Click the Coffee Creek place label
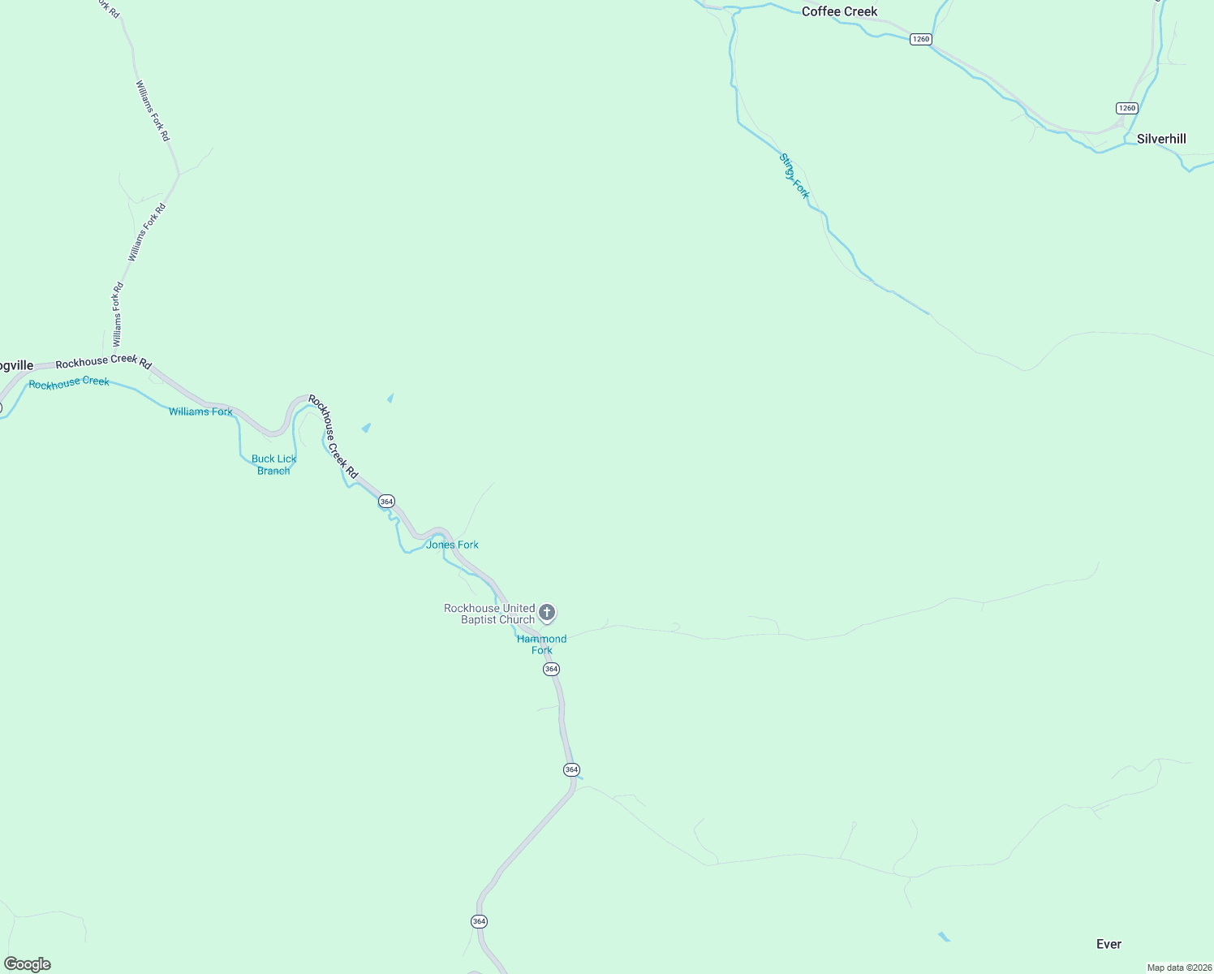click(x=839, y=11)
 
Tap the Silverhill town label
click(x=1161, y=139)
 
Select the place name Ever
click(x=1109, y=944)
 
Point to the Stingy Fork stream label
click(x=794, y=176)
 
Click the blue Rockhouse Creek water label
click(x=69, y=382)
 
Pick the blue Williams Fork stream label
click(x=200, y=412)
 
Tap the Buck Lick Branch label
click(x=274, y=464)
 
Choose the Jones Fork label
click(x=452, y=545)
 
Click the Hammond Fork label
click(x=541, y=644)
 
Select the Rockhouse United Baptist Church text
click(x=489, y=614)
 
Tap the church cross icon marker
click(x=547, y=612)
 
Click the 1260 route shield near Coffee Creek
click(x=920, y=39)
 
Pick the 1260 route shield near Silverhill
click(x=1126, y=108)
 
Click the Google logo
click(x=28, y=964)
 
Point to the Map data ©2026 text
click(x=1178, y=968)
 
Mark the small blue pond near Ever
click(x=944, y=937)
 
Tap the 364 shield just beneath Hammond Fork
click(x=552, y=669)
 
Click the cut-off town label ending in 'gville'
click(x=16, y=366)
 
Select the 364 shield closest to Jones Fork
click(x=386, y=502)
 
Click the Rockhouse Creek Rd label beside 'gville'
click(x=103, y=362)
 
